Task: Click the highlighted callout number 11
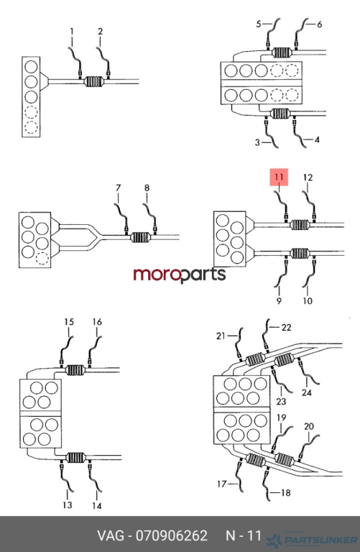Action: pyautogui.click(x=279, y=177)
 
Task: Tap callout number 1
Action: pyautogui.click(x=72, y=32)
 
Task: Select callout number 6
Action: pyautogui.click(x=319, y=24)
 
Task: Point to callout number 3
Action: pyautogui.click(x=257, y=142)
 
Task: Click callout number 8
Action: pyautogui.click(x=147, y=188)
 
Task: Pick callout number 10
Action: pyautogui.click(x=308, y=301)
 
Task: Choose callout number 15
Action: pyautogui.click(x=69, y=321)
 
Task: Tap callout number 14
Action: pyautogui.click(x=97, y=506)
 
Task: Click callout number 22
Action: pyautogui.click(x=287, y=328)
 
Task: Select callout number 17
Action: pyautogui.click(x=222, y=484)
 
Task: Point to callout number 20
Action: pyautogui.click(x=308, y=426)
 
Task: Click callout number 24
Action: pyautogui.click(x=307, y=392)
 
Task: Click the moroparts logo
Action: pyautogui.click(x=180, y=275)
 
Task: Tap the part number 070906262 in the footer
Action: pyautogui.click(x=172, y=535)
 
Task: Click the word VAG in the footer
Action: pyautogui.click(x=111, y=535)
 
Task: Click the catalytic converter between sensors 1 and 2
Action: pyautogui.click(x=94, y=82)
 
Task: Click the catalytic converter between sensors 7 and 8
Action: pyautogui.click(x=140, y=237)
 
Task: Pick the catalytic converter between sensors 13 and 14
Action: pyautogui.click(x=75, y=458)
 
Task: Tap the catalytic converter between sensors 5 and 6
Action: pyautogui.click(x=281, y=52)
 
